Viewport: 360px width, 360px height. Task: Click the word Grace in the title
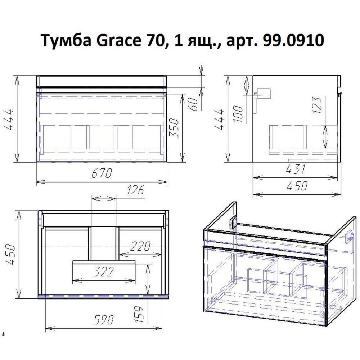(113, 41)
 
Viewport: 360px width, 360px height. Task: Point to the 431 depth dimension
(296, 168)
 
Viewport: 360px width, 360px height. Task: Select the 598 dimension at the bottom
(103, 319)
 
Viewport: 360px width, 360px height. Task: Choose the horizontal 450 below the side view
(297, 186)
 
